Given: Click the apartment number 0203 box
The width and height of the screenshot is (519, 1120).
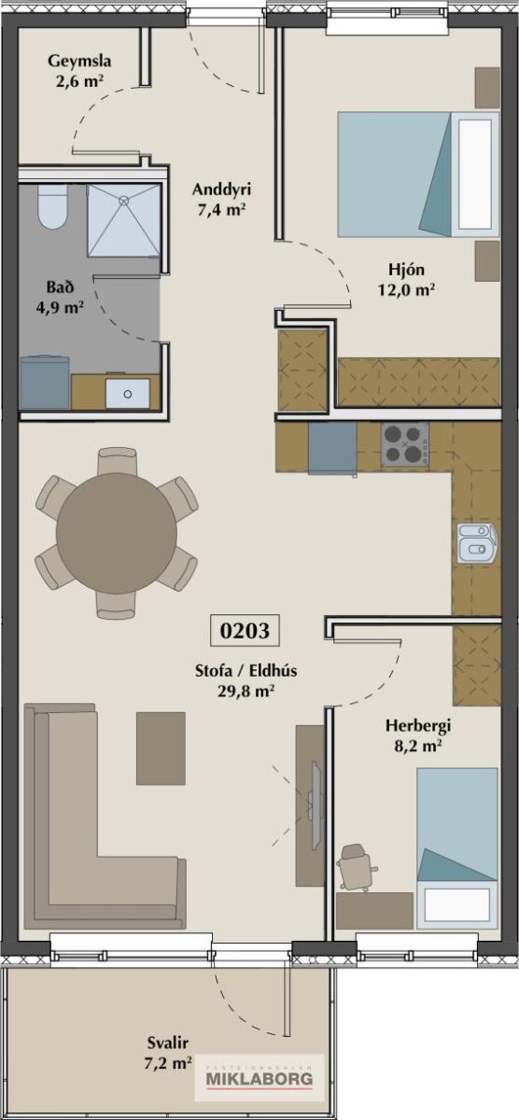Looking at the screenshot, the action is click(244, 631).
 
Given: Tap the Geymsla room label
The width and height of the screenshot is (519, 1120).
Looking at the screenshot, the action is click(79, 61).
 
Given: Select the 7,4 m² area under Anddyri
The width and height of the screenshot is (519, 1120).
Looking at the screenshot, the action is click(220, 209).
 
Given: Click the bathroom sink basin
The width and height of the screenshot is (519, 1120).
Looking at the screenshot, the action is click(128, 393).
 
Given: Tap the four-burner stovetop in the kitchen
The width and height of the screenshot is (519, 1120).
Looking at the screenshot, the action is click(405, 444).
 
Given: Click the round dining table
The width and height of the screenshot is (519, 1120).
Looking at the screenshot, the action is click(117, 534).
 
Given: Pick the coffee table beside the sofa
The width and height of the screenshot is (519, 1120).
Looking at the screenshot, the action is click(161, 749).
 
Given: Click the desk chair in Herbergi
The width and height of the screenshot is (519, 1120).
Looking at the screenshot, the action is click(356, 868).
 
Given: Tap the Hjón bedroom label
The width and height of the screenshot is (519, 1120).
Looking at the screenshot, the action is click(406, 270).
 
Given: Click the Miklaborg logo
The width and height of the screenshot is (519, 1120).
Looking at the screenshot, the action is click(260, 1080).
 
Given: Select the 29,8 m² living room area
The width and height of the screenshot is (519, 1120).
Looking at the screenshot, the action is click(245, 691).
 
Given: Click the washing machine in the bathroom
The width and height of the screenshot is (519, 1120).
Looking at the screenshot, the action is click(45, 382).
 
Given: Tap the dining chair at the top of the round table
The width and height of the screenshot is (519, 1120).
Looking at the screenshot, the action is click(117, 461).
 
